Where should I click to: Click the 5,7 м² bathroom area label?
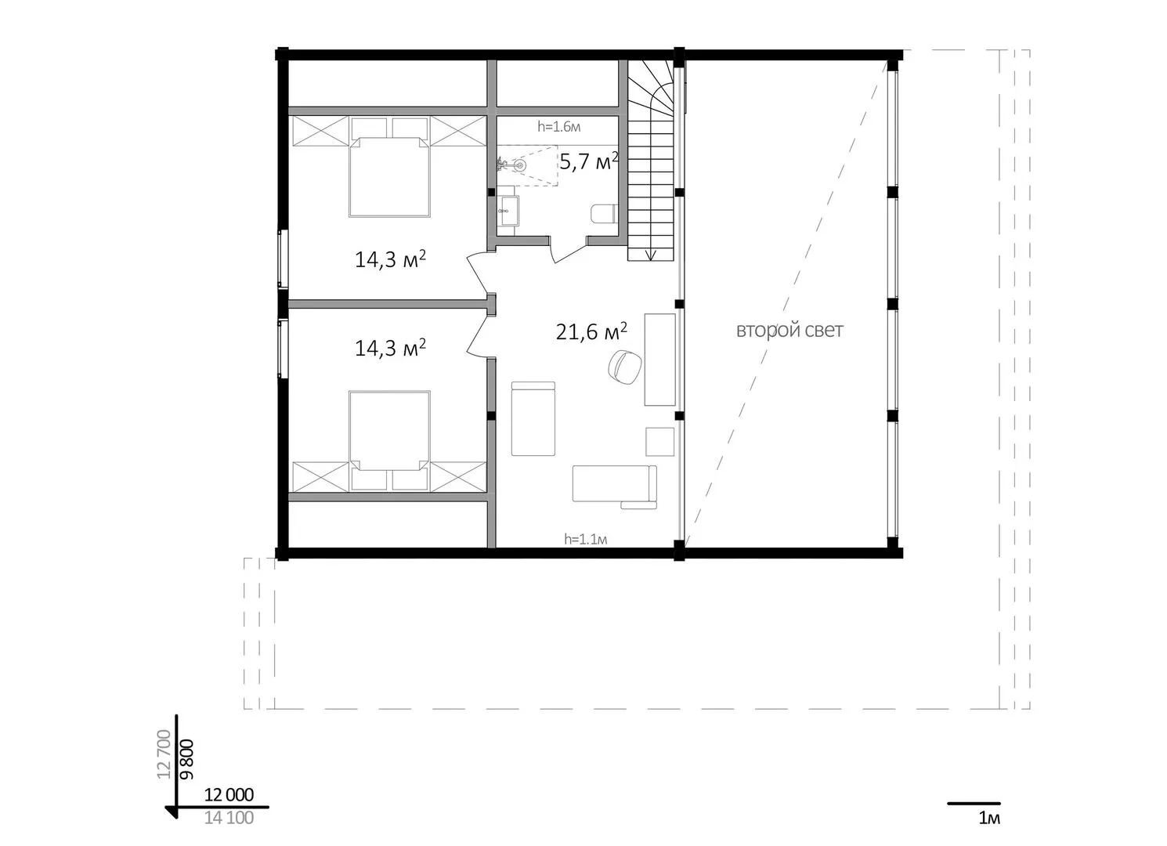(x=589, y=161)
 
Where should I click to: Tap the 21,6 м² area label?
(x=591, y=331)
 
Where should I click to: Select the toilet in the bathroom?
(x=604, y=214)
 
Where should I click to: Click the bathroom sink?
(x=508, y=211)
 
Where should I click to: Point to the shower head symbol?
(x=519, y=165)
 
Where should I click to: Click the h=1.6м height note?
(x=559, y=127)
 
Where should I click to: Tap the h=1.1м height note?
(x=586, y=539)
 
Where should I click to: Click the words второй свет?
(x=789, y=331)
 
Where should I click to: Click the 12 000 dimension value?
(x=229, y=794)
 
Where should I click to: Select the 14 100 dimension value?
(x=229, y=818)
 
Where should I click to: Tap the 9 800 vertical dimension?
(x=186, y=759)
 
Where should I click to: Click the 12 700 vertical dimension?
(x=164, y=754)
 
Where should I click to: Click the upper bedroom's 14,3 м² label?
(x=390, y=259)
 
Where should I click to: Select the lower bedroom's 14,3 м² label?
(x=390, y=348)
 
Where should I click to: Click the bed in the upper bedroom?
(x=390, y=175)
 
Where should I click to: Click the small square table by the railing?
(x=660, y=441)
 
